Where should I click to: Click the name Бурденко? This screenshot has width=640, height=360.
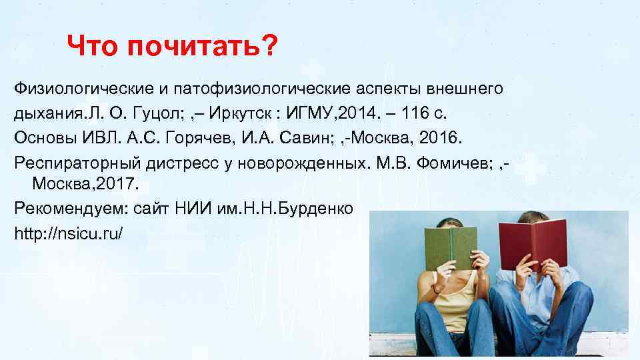click(317, 209)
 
